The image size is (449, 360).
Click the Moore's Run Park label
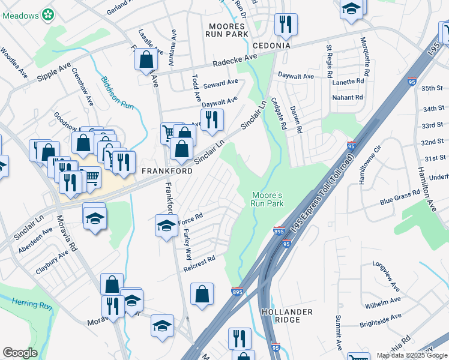(x=266, y=199)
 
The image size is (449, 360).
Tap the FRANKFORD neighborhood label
(x=167, y=171)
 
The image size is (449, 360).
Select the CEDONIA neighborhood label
(x=271, y=46)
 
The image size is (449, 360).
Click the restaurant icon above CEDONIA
(x=283, y=25)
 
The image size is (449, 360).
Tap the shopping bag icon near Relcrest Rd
(x=202, y=294)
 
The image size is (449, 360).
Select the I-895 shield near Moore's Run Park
(x=279, y=230)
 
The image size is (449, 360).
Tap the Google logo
(x=20, y=353)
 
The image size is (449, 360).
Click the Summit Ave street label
(x=339, y=332)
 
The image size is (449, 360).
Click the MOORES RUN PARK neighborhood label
(x=228, y=30)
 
